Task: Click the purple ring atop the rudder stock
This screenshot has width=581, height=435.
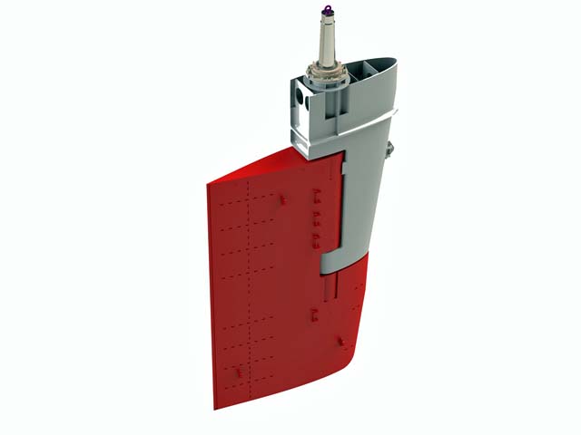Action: pyautogui.click(x=324, y=11)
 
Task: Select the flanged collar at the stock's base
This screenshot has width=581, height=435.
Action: pyautogui.click(x=326, y=74)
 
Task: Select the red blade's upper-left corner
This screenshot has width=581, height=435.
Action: pyautogui.click(x=211, y=186)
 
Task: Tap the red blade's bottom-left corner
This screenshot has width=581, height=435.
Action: pyautogui.click(x=216, y=406)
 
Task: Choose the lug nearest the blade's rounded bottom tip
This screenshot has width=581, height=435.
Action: pyautogui.click(x=340, y=341)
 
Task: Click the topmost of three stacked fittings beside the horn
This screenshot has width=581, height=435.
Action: pyautogui.click(x=314, y=194)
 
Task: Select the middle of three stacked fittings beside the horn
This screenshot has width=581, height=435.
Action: pyautogui.click(x=315, y=218)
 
